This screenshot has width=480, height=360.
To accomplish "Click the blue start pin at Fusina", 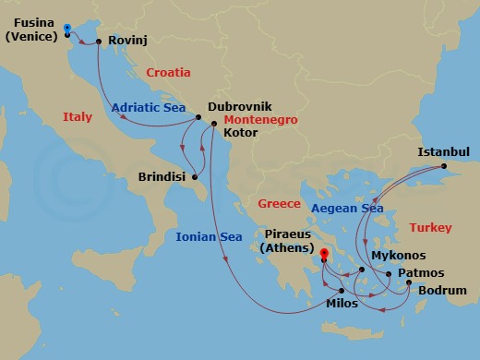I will [68, 30].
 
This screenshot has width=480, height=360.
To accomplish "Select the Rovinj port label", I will [127, 42].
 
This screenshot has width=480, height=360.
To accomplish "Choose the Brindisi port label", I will [162, 176].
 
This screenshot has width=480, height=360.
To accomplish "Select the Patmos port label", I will [422, 273].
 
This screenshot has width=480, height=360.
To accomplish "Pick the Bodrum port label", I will [441, 292].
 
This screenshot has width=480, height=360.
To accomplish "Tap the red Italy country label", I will [78, 117].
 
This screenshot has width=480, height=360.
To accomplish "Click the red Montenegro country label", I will [260, 120].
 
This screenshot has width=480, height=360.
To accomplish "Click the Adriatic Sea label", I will [149, 107].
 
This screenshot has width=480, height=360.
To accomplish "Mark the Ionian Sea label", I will [209, 237].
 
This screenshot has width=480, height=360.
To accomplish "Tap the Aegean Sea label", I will [347, 209].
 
